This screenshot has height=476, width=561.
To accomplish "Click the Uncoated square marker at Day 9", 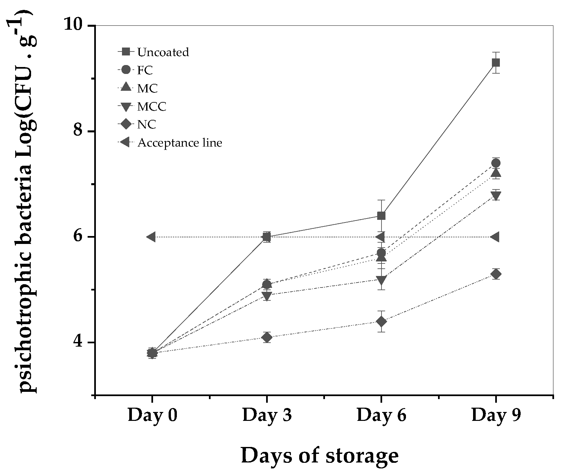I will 495,63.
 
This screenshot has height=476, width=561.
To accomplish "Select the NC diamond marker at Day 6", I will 381,321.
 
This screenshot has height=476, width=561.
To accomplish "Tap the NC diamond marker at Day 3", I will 267,337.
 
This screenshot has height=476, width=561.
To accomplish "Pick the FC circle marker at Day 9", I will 496,163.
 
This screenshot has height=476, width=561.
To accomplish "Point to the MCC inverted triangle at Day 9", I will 496,195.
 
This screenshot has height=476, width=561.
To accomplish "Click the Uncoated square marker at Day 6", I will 381,216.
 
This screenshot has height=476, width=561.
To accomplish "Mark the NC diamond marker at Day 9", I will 496,274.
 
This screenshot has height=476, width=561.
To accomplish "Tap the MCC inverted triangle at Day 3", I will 267,295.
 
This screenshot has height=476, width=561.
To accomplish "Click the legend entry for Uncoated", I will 163,52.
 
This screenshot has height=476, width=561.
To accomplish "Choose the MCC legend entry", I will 151,107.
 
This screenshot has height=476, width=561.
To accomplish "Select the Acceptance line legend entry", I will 180,143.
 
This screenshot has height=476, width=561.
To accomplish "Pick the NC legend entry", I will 146,125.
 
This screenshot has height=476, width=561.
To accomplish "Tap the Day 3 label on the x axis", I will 267,415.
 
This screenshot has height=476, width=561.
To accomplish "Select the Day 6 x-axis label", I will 381,415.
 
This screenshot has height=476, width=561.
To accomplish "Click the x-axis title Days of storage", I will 320,456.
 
